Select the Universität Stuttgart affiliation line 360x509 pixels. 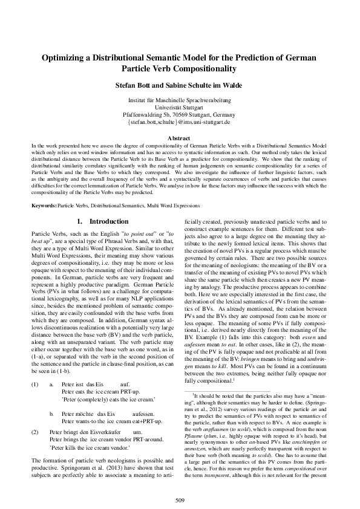180,107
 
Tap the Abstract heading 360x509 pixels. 180,138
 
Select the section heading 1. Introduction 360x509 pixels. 99,222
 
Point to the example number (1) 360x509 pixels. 35,367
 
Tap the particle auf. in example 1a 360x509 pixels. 126,367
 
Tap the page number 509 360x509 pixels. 180,499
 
